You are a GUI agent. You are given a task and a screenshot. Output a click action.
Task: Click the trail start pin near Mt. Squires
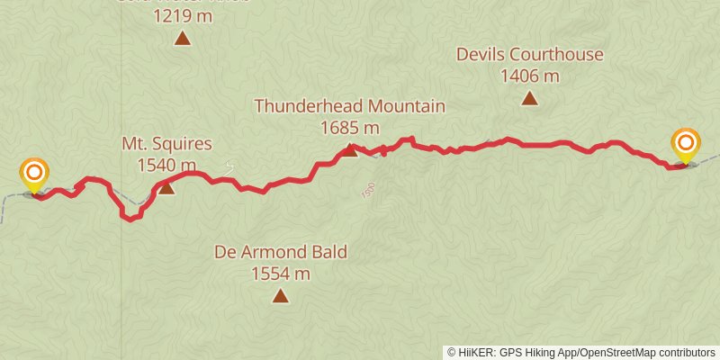coord(34,173)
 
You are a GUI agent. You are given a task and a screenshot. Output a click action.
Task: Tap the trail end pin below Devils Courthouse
coord(686,144)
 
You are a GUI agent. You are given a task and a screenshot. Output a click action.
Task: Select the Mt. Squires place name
coord(166,144)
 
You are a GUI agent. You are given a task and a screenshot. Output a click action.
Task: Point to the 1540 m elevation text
coord(166,165)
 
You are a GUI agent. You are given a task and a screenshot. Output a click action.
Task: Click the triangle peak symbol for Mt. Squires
coord(166,187)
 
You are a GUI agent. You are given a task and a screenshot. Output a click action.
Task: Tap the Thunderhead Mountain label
coord(349,106)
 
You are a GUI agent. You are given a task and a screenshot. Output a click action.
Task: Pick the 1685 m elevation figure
coord(350,128)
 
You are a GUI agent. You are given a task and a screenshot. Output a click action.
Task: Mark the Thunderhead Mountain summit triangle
coord(350,149)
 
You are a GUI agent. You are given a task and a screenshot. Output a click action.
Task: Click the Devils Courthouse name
coord(529,54)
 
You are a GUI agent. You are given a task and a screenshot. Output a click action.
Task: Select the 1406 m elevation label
coord(529,76)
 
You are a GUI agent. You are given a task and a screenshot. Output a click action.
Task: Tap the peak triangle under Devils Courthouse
coord(529,98)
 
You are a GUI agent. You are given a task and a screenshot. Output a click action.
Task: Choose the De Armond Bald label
coord(281,252)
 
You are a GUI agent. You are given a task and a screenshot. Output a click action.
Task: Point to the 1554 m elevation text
coord(281,274)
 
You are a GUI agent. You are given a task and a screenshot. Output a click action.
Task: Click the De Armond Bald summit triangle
coord(281,296)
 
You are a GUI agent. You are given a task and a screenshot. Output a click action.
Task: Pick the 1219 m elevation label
coord(183,15)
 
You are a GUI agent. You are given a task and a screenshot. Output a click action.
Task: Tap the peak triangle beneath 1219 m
coord(183,38)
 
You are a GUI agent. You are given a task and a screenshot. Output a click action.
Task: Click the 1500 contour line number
coord(367,191)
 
